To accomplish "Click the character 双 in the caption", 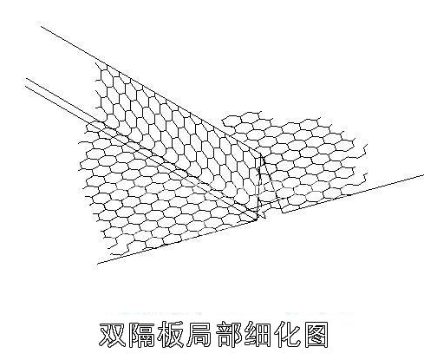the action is pyautogui.click(x=113, y=334).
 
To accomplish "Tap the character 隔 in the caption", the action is pyautogui.click(x=141, y=334).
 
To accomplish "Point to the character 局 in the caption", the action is pyautogui.click(x=199, y=334).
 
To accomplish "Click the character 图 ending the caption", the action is pyautogui.click(x=316, y=334).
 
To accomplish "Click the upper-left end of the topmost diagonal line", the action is pyautogui.click(x=41, y=27).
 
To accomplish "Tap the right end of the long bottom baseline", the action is pyautogui.click(x=423, y=175).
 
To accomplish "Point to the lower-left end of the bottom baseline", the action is pyautogui.click(x=97, y=264).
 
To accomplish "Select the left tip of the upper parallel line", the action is pyautogui.click(x=26, y=78).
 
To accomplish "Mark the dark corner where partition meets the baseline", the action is pyautogui.click(x=257, y=220).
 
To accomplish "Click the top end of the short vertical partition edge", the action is pyautogui.click(x=261, y=154).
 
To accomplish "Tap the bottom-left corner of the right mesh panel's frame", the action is pyautogui.click(x=283, y=213).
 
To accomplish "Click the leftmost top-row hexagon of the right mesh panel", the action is pyautogui.click(x=232, y=121).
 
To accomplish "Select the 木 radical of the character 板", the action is pyautogui.click(x=163, y=334).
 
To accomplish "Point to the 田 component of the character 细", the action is pyautogui.click(x=263, y=335).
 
